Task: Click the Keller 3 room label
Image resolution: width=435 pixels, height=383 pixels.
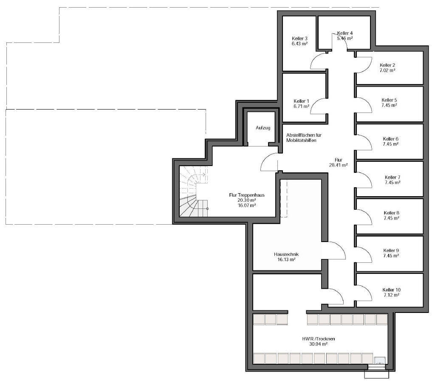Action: pos(299,39)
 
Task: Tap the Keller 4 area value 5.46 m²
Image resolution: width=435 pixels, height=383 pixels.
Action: pos(345,38)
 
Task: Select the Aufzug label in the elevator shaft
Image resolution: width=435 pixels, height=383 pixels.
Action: pos(263,128)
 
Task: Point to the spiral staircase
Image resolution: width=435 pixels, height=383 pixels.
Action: pos(194,191)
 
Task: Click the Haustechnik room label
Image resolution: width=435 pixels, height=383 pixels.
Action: pos(286,254)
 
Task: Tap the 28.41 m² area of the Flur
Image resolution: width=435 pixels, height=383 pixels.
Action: pos(339,165)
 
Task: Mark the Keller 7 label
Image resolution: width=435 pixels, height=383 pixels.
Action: pos(393,177)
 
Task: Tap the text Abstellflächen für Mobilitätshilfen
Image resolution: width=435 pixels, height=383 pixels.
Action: pos(304,138)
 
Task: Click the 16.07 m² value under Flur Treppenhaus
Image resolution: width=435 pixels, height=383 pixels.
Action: pos(247,206)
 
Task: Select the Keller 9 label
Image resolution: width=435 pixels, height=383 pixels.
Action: pos(391,251)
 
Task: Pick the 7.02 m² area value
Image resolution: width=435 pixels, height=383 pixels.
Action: pos(387,70)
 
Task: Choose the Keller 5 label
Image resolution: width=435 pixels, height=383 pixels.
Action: pos(389,100)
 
